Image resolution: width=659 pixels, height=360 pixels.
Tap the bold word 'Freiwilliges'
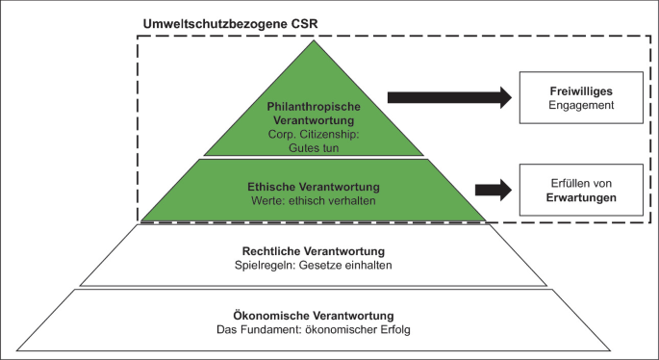(573, 90)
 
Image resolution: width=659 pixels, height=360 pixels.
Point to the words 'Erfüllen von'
(573, 181)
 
